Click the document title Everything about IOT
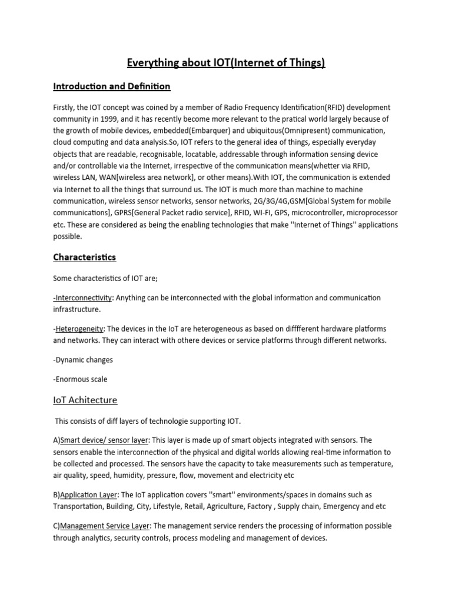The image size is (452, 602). click(226, 63)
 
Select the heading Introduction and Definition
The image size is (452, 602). click(111, 86)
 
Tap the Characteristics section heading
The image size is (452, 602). click(84, 257)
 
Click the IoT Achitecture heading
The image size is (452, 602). click(85, 400)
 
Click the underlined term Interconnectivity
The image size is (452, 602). click(83, 298)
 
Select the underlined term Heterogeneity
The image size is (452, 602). click(79, 329)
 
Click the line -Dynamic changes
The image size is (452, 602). click(83, 359)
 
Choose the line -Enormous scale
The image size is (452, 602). click(81, 379)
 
